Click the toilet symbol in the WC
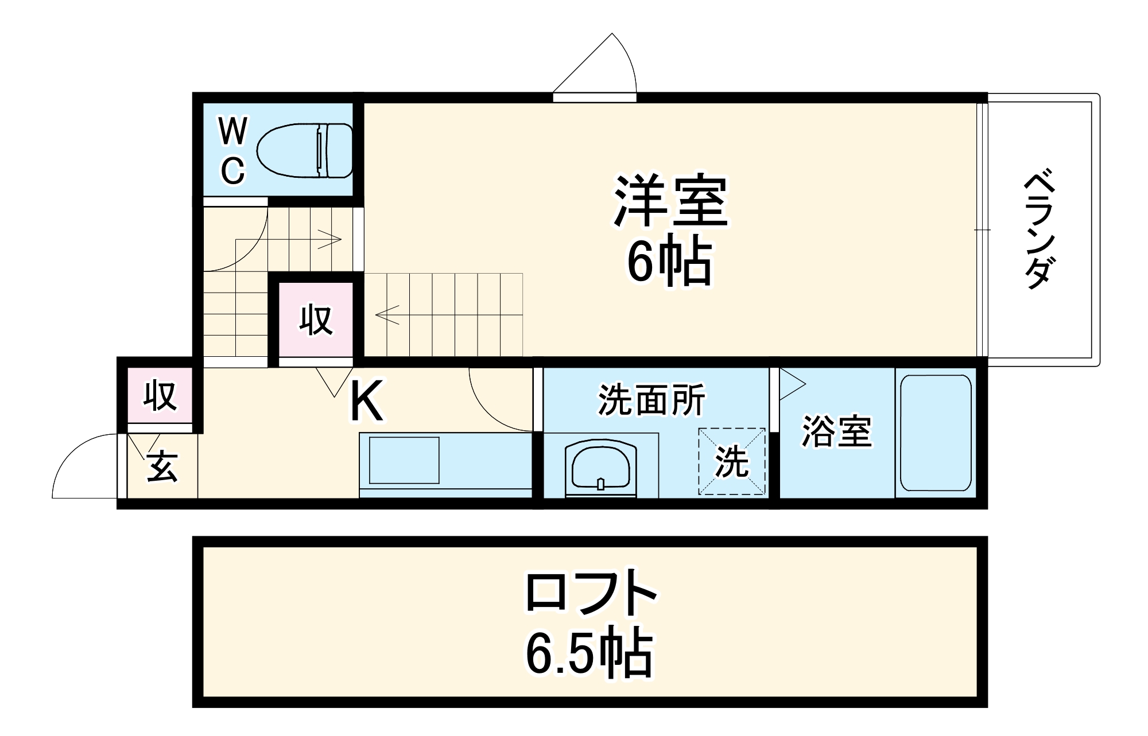pyautogui.click(x=304, y=150)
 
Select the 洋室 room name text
pyautogui.click(x=670, y=201)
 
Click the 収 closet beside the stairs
pyautogui.click(x=316, y=320)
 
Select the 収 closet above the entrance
pyautogui.click(x=160, y=395)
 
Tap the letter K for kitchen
pyautogui.click(x=366, y=402)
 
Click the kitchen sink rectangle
pyautogui.click(x=404, y=460)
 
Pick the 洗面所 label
pyautogui.click(x=651, y=400)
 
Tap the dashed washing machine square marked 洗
pyautogui.click(x=732, y=461)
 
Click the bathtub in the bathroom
pyautogui.click(x=936, y=433)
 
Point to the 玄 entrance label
pyautogui.click(x=162, y=466)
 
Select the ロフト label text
pyautogui.click(x=591, y=593)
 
